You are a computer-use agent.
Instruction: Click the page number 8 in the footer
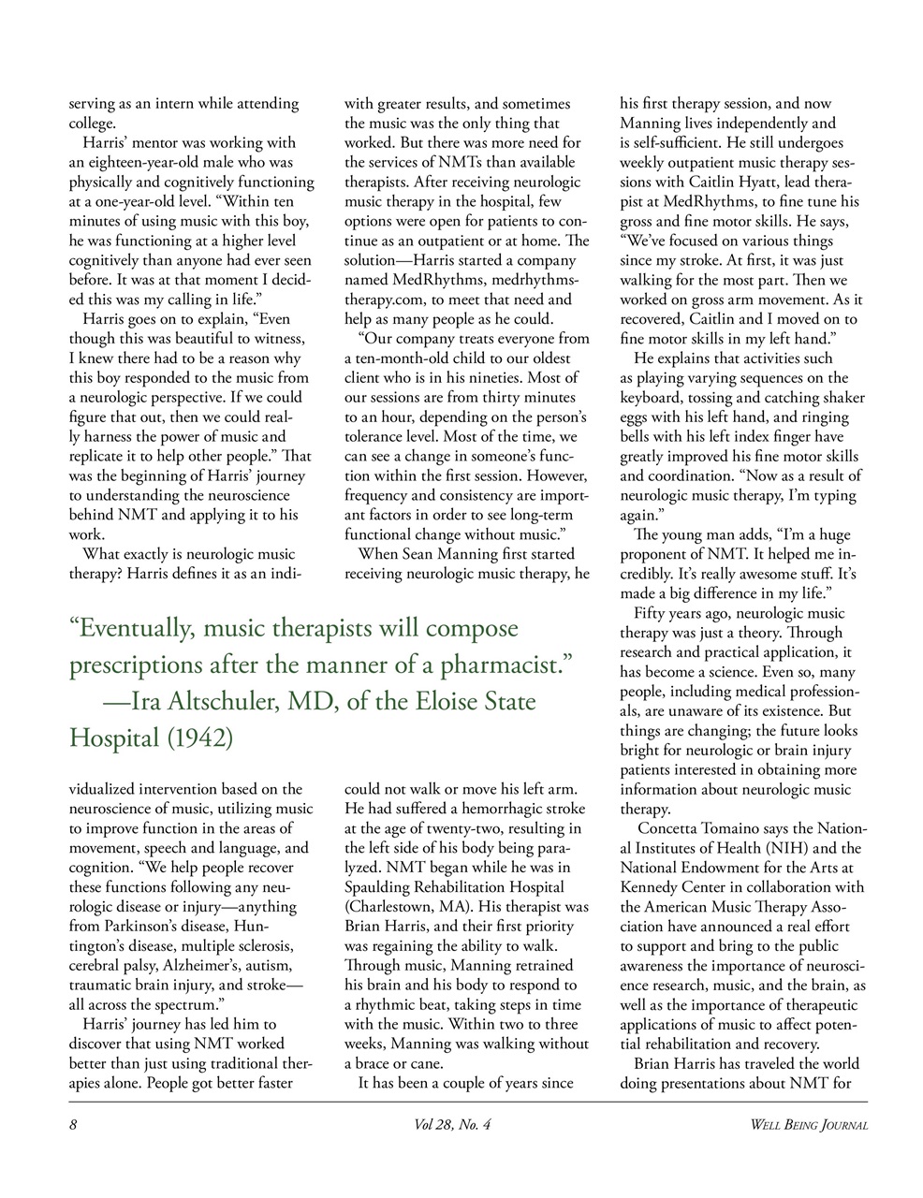click(73, 1125)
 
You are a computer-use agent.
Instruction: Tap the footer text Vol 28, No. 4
click(452, 1125)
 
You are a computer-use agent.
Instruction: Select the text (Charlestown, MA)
click(414, 907)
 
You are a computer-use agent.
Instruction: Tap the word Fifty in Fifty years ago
click(651, 613)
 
